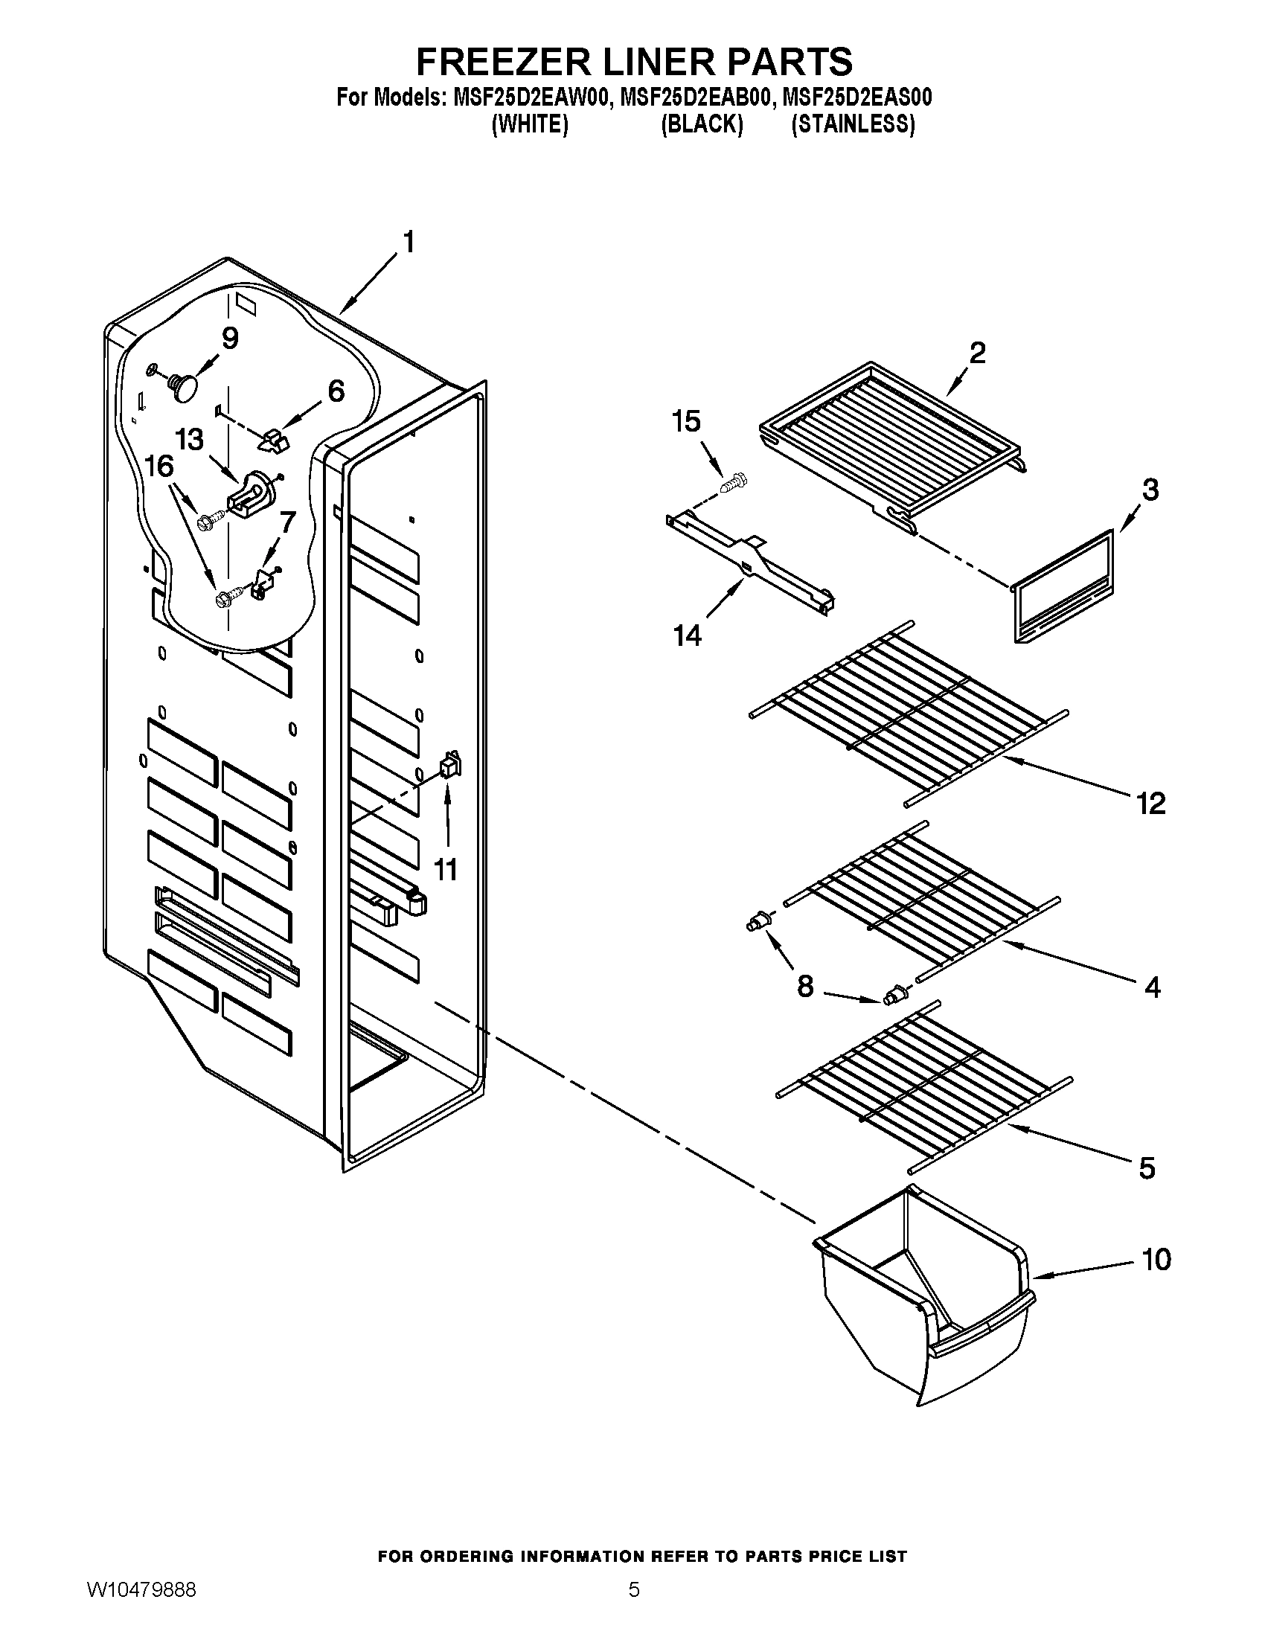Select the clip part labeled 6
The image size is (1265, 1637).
coord(274,441)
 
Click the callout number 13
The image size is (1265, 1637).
coord(189,439)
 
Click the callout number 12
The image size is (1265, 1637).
coord(1151,804)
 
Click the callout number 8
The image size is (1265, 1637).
coord(805,987)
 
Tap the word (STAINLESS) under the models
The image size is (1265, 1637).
coord(853,124)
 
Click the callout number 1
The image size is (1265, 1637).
coord(409,242)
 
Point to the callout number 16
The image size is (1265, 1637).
coord(159,466)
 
